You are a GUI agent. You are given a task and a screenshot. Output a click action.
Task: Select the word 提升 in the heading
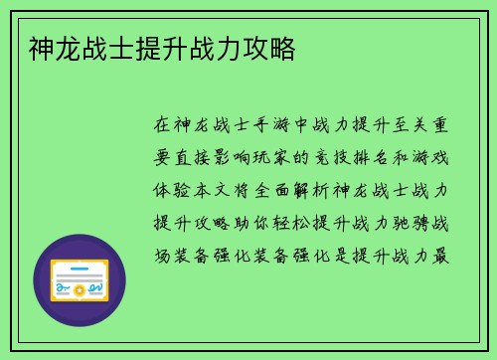click(161, 47)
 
